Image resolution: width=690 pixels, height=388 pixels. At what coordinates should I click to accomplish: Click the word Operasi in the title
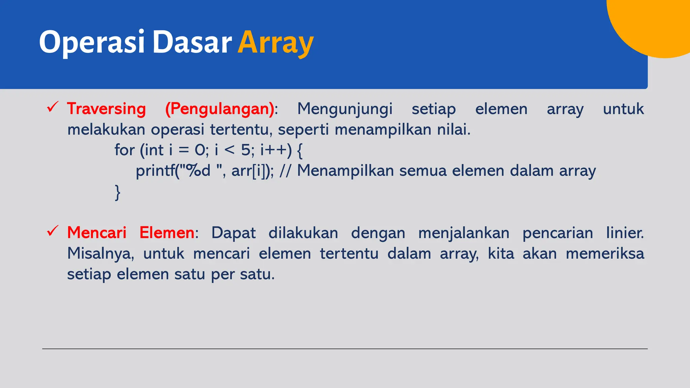tap(92, 43)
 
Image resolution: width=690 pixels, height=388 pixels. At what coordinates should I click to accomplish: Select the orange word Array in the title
tap(275, 43)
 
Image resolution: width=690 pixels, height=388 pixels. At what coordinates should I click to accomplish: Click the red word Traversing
tap(106, 109)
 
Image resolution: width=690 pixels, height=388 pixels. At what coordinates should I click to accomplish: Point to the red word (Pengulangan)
tap(220, 109)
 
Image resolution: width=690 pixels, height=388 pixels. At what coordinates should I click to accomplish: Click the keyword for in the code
tap(124, 150)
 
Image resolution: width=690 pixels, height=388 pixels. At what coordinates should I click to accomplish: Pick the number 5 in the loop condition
tap(246, 150)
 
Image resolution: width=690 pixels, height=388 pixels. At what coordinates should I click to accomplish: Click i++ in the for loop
tap(273, 150)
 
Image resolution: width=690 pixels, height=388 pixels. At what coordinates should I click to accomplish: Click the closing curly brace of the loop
tap(118, 193)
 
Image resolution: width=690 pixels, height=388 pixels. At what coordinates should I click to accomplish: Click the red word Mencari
tap(97, 233)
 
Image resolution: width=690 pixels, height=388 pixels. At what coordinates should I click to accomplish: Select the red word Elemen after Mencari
tap(167, 233)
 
